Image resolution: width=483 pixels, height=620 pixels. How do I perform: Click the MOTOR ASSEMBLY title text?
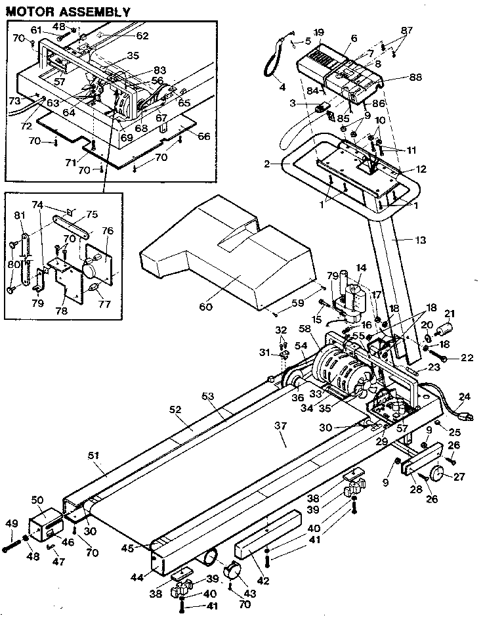(x=68, y=11)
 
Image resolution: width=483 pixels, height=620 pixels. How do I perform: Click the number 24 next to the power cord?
(x=465, y=396)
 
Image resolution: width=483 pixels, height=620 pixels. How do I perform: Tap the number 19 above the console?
(x=318, y=32)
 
